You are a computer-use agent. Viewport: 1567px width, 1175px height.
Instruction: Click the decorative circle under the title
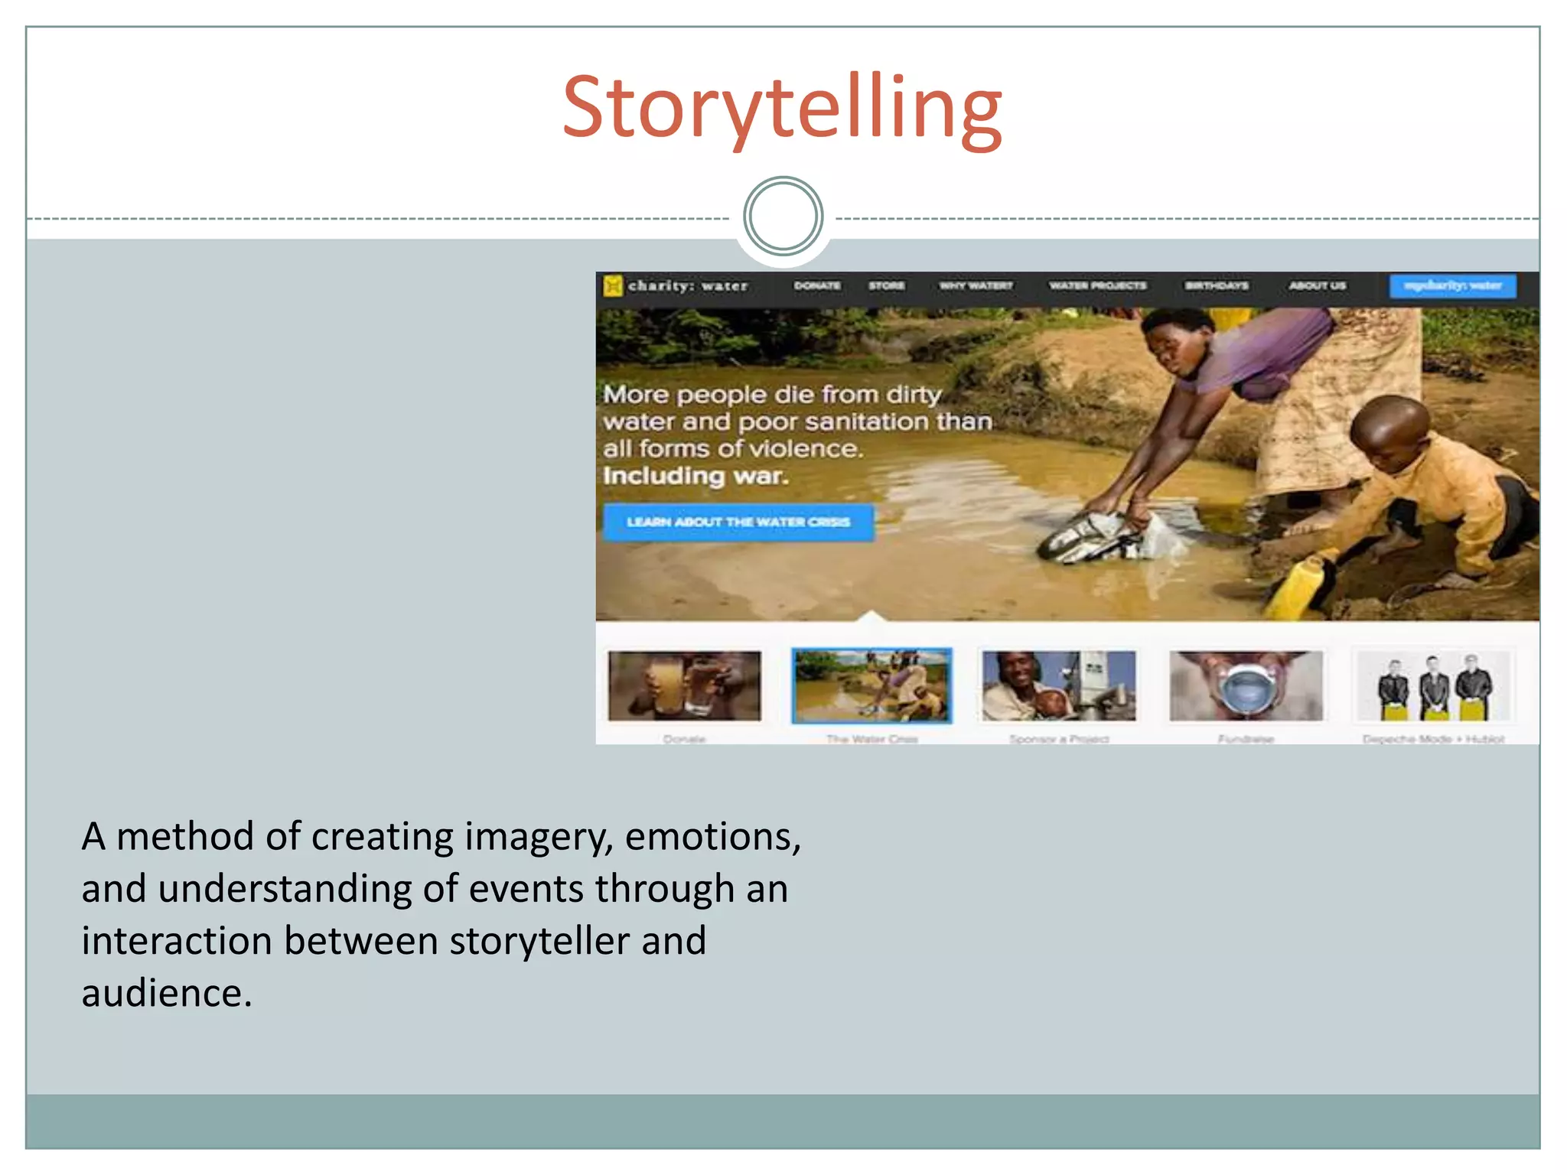click(x=783, y=216)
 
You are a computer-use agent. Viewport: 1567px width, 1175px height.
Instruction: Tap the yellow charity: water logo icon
click(x=612, y=286)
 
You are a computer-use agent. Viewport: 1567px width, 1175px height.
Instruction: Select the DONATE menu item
click(x=816, y=286)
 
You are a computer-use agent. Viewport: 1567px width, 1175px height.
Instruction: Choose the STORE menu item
click(x=886, y=286)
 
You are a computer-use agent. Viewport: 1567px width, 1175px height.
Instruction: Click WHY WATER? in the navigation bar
click(x=976, y=286)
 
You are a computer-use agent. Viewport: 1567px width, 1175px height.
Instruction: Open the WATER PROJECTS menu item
click(x=1097, y=286)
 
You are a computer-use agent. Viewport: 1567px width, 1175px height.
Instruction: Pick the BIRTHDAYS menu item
click(x=1217, y=286)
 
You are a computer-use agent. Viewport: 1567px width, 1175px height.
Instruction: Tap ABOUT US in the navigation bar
click(x=1317, y=286)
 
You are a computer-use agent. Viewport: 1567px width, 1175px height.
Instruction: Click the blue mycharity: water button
click(x=1452, y=286)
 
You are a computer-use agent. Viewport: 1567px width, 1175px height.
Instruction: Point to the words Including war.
click(x=695, y=476)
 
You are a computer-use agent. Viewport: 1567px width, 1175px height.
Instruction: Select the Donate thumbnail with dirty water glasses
click(x=685, y=686)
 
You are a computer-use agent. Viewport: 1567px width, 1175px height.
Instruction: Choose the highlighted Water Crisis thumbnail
click(x=871, y=686)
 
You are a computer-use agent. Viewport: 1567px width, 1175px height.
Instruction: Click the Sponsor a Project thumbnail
click(x=1059, y=686)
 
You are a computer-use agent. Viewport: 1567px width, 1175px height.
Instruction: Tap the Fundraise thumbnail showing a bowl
click(x=1246, y=686)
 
